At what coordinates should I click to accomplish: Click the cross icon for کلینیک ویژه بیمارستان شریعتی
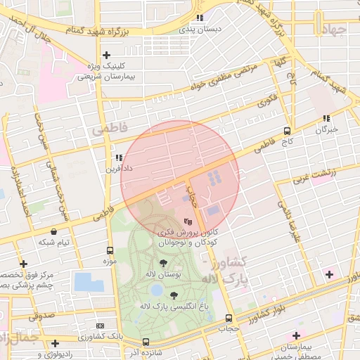106,55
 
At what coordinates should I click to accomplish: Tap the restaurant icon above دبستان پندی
200,18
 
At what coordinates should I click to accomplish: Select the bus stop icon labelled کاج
287,131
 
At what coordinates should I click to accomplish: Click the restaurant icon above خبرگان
326,119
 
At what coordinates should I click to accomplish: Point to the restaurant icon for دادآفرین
118,158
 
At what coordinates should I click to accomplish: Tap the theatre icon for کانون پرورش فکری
186,220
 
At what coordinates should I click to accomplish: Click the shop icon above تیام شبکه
53,231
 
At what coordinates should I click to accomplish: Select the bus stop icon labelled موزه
110,250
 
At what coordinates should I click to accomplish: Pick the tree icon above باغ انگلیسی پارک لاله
173,295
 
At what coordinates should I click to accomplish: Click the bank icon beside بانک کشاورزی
100,326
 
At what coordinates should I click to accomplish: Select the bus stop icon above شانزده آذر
146,342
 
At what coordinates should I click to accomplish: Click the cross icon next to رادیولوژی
55,343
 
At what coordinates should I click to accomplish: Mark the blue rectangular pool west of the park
88,282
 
